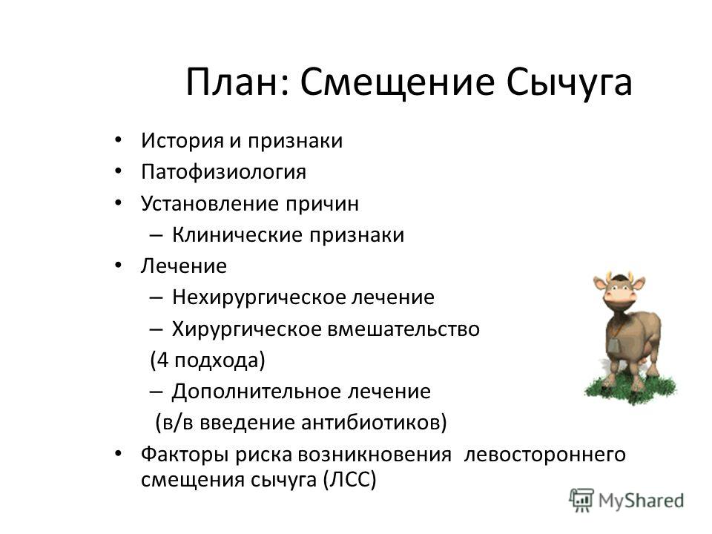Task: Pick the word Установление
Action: click(209, 203)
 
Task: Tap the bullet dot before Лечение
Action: click(118, 266)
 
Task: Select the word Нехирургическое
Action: click(259, 297)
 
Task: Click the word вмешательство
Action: click(403, 329)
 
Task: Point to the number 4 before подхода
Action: click(162, 360)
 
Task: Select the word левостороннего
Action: click(544, 455)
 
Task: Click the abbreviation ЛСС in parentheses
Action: click(350, 480)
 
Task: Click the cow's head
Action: click(619, 294)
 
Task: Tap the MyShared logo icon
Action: click(581, 501)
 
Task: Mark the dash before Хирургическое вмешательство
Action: click(156, 329)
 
